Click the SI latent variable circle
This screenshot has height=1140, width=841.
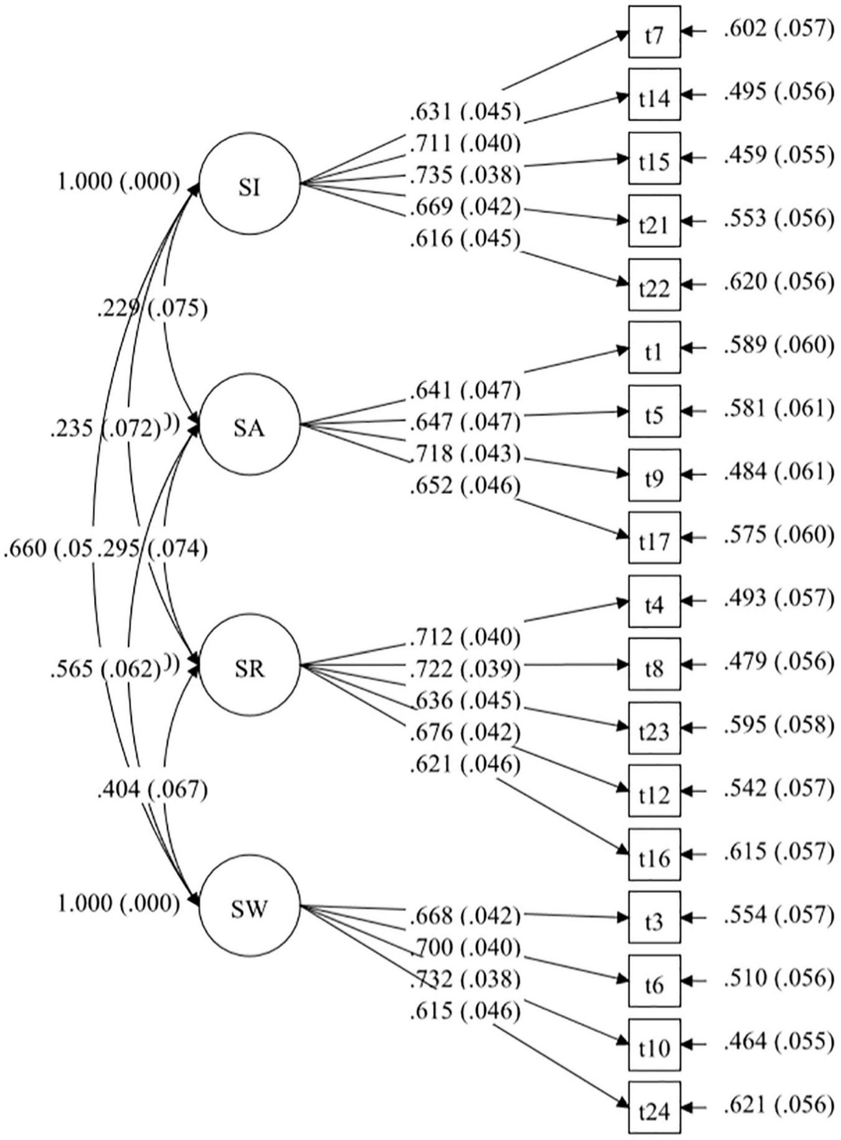249,185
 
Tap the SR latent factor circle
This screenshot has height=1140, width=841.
249,667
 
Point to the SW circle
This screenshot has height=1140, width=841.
249,907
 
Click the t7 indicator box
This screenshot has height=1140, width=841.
653,32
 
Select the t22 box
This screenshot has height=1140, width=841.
653,285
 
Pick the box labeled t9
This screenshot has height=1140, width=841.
653,475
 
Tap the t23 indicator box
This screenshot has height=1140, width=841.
653,728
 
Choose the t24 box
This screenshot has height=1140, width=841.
653,1107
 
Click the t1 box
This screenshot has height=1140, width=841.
653,348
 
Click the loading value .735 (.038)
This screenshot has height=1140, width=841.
465,175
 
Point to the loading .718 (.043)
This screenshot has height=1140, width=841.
465,454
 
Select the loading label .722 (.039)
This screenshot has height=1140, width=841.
465,669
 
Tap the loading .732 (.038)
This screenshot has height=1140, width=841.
465,979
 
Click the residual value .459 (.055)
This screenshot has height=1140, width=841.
778,155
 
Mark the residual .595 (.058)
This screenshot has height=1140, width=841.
778,725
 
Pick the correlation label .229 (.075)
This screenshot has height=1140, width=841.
152,308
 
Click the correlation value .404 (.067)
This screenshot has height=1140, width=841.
152,790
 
